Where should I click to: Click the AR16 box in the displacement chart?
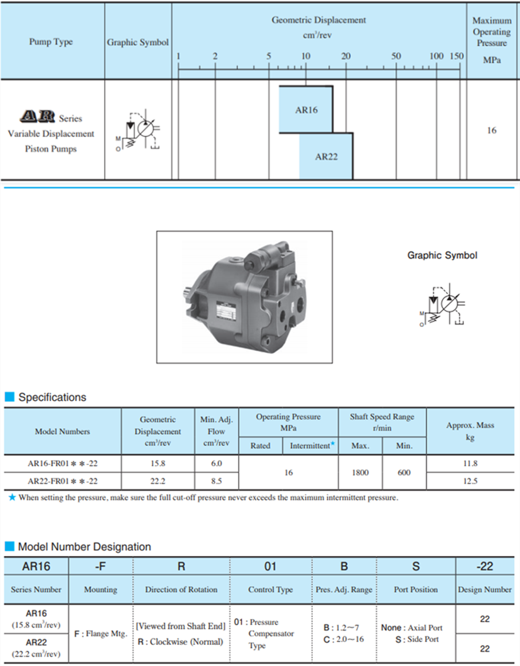[306, 110]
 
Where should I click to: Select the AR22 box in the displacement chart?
[326, 156]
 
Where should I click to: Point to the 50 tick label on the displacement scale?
[396, 56]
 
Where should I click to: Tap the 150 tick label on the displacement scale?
[457, 56]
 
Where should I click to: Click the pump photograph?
[244, 296]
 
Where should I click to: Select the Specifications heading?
[52, 397]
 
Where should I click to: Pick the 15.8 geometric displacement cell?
[158, 463]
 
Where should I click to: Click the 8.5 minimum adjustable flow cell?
[216, 481]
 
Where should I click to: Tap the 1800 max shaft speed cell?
[360, 472]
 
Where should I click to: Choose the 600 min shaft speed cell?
[404, 472]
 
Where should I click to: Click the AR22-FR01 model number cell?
[63, 481]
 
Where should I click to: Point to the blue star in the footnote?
[12, 498]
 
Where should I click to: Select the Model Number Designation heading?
[84, 547]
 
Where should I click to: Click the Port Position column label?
[416, 589]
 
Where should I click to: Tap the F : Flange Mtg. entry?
[101, 634]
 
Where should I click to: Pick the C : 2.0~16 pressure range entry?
[344, 639]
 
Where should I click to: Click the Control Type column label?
[271, 589]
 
